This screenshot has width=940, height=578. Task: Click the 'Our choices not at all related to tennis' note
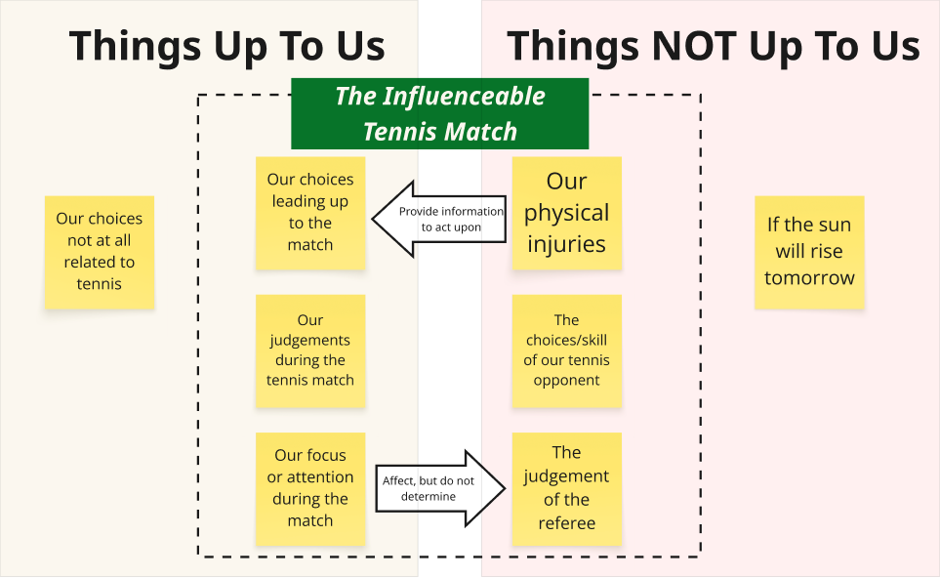pyautogui.click(x=100, y=252)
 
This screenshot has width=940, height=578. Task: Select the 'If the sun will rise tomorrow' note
pyautogui.click(x=809, y=252)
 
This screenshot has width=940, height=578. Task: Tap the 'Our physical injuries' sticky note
pyautogui.click(x=566, y=213)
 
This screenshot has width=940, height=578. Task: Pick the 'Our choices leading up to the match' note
pyautogui.click(x=310, y=213)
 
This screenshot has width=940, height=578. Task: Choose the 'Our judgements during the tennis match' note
pyautogui.click(x=310, y=351)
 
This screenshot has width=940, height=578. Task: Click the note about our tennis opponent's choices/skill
pyautogui.click(x=566, y=351)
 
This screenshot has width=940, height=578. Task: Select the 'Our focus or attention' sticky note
pyautogui.click(x=310, y=488)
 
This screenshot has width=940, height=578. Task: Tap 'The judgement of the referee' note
pyautogui.click(x=566, y=488)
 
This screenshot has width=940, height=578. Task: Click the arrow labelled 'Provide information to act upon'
pyautogui.click(x=439, y=220)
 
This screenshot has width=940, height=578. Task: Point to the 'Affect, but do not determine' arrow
pyautogui.click(x=440, y=488)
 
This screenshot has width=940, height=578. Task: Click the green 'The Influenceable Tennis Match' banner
pyautogui.click(x=440, y=113)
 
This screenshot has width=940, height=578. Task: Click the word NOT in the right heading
pyautogui.click(x=694, y=46)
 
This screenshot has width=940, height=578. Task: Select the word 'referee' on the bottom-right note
pyautogui.click(x=566, y=523)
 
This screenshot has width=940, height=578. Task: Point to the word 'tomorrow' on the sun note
pyautogui.click(x=809, y=277)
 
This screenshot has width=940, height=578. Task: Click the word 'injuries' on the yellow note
pyautogui.click(x=566, y=245)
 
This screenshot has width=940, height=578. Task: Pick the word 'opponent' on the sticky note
pyautogui.click(x=566, y=381)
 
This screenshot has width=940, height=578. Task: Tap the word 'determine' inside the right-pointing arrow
pyautogui.click(x=429, y=496)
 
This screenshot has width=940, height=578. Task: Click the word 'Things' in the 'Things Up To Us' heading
pyautogui.click(x=135, y=46)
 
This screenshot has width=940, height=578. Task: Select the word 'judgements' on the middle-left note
pyautogui.click(x=310, y=341)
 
